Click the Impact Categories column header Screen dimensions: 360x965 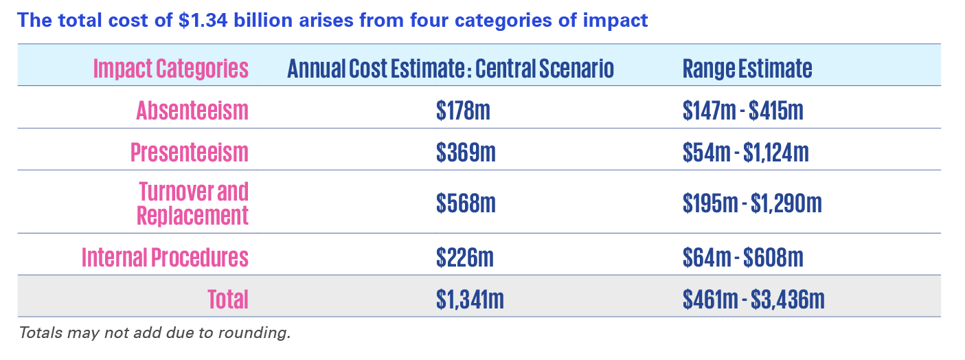click(x=170, y=69)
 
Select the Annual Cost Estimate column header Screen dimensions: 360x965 click(x=450, y=69)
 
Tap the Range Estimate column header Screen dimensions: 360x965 click(x=747, y=69)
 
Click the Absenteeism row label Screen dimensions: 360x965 click(x=192, y=110)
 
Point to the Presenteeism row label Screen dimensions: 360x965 click(x=189, y=152)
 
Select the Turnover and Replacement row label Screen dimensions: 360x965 click(x=193, y=203)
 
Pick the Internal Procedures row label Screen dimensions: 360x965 click(x=165, y=257)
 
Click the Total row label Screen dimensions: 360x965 click(x=227, y=299)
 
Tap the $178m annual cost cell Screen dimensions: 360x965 click(x=463, y=110)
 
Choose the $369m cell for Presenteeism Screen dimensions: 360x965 click(x=465, y=152)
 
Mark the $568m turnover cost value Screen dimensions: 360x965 click(x=465, y=203)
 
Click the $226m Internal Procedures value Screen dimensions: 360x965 click(x=465, y=257)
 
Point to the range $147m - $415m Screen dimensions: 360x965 click(x=742, y=110)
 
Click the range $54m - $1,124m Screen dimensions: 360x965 click(x=745, y=152)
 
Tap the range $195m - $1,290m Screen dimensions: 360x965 click(x=752, y=203)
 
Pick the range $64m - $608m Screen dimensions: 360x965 click(x=742, y=257)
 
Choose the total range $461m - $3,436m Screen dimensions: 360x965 click(x=753, y=299)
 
